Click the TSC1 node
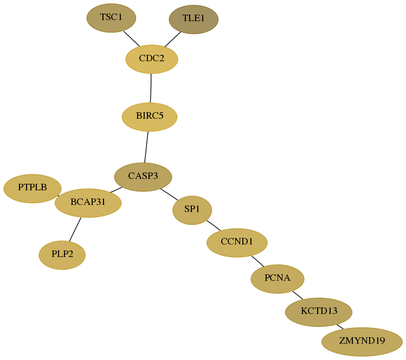coord(111,18)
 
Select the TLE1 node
coord(194,19)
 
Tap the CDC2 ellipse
coord(152,59)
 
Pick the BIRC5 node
coord(150,117)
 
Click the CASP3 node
coord(143,177)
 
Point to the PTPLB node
coord(33,188)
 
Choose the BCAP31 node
coord(88,203)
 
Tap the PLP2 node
coord(62,255)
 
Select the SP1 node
coord(192,210)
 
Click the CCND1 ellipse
coord(237,243)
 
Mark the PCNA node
coord(278,279)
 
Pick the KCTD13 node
coord(319,312)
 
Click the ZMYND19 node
coord(362,342)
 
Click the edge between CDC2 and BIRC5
coord(151,88)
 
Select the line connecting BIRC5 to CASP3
coord(146,147)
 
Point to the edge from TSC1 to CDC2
coord(131,38)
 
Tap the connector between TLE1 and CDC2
coord(173,40)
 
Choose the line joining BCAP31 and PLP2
coord(75,229)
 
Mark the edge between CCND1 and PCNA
coord(257,261)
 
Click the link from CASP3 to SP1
coord(169,194)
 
